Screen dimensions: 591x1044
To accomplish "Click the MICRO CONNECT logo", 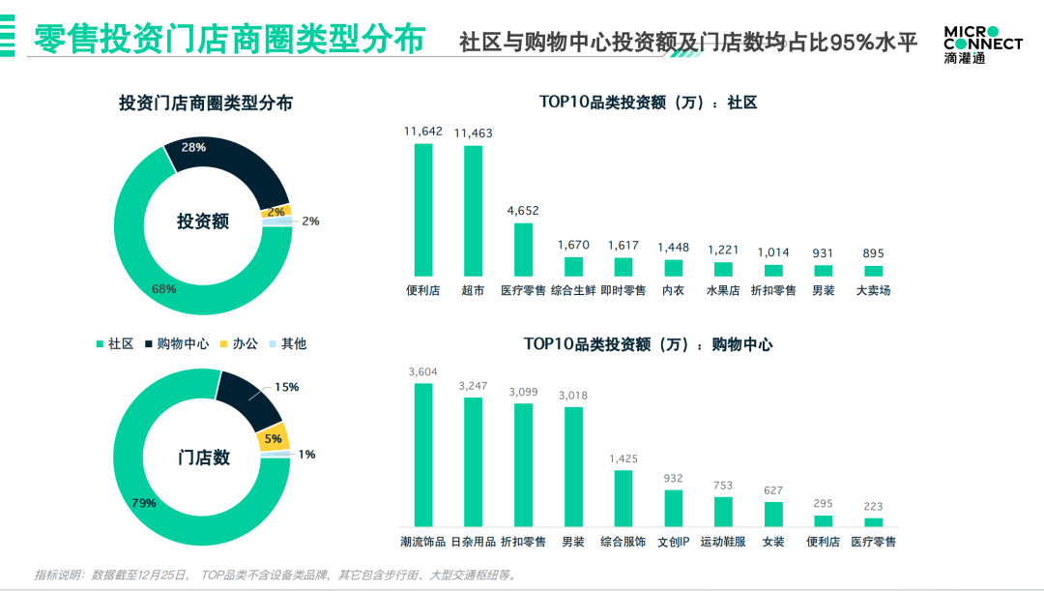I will [x=982, y=44].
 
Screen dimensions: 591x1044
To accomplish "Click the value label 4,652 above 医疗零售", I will [x=523, y=210].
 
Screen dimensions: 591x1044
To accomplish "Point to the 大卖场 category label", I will [x=873, y=290].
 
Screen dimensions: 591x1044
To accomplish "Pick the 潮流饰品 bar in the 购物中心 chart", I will [x=423, y=454].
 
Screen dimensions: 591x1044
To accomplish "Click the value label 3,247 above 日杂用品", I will [x=473, y=385].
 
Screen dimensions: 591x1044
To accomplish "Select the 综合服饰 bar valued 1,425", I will [x=623, y=497].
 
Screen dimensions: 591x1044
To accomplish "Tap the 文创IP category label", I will [x=673, y=542].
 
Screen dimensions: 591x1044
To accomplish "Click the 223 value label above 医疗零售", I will [x=873, y=505].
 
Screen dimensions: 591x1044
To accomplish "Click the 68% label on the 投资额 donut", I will [x=163, y=289].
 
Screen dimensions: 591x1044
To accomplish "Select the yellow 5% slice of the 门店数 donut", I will [x=274, y=438].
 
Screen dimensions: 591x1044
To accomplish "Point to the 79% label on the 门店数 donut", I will [x=143, y=503].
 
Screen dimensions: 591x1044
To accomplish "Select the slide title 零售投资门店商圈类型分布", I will [x=229, y=42].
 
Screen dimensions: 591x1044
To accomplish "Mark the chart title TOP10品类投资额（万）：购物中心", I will [x=648, y=344].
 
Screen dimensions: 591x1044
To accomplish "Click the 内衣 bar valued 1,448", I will [x=673, y=267].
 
